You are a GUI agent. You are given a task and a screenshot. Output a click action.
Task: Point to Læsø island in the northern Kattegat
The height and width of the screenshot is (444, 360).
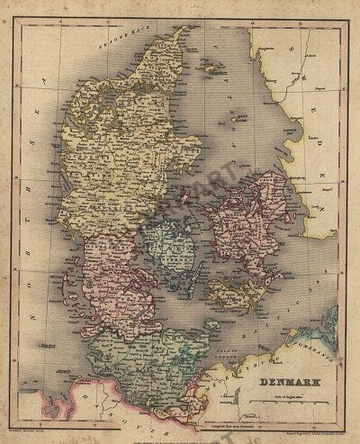(x=211, y=68)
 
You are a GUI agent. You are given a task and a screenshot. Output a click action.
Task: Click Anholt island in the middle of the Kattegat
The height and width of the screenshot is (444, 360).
(x=238, y=118)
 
